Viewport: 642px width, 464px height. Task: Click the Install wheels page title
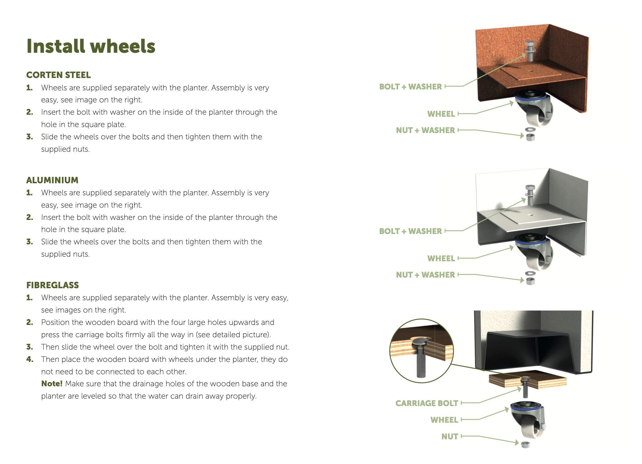pyautogui.click(x=91, y=46)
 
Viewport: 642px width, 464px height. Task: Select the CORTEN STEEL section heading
pyautogui.click(x=58, y=75)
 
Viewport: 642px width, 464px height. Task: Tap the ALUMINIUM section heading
pyautogui.click(x=52, y=180)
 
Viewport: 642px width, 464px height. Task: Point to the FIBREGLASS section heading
pyautogui.click(x=52, y=285)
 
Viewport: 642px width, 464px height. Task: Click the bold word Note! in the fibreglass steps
pyautogui.click(x=52, y=384)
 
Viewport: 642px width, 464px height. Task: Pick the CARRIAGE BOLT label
pyautogui.click(x=427, y=403)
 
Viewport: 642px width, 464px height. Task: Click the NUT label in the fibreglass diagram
pyautogui.click(x=450, y=436)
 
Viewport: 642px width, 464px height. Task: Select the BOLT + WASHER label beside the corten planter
pyautogui.click(x=410, y=87)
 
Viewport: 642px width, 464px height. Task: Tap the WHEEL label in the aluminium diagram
pyautogui.click(x=441, y=258)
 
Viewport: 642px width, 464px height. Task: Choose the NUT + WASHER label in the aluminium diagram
pyautogui.click(x=425, y=275)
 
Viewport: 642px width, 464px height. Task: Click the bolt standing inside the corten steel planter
pyautogui.click(x=530, y=51)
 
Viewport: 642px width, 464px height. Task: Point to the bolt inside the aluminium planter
pyautogui.click(x=530, y=195)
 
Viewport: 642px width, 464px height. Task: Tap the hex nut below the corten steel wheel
pyautogui.click(x=531, y=137)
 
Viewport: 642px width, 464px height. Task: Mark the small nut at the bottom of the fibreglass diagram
pyautogui.click(x=525, y=444)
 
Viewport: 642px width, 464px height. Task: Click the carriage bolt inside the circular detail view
pyautogui.click(x=421, y=357)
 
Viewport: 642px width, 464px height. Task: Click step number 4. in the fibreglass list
pyautogui.click(x=30, y=359)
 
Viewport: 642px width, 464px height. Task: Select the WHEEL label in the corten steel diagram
pyautogui.click(x=441, y=114)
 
